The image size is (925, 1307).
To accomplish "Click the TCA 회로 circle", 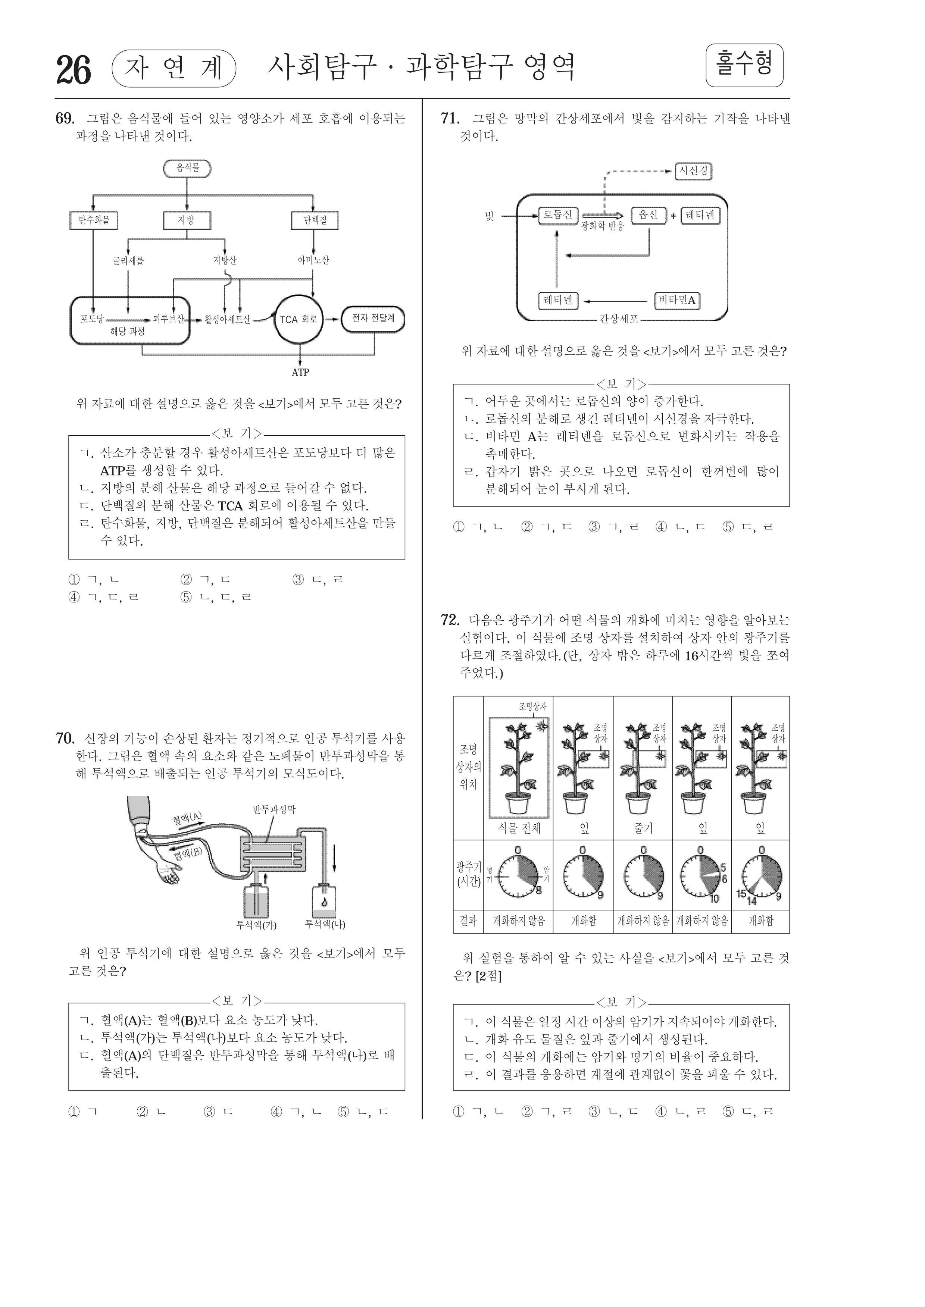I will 299,319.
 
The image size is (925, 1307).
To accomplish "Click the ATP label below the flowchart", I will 300,372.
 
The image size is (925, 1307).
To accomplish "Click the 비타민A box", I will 677,300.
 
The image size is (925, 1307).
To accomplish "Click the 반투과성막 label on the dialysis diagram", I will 274,809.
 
